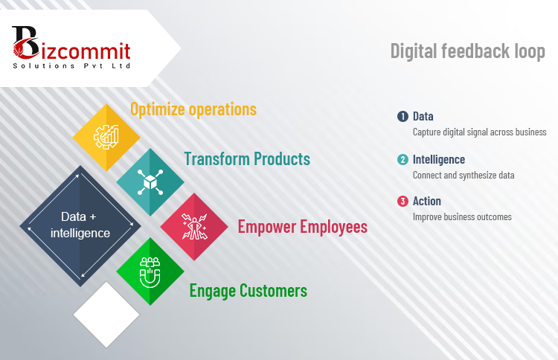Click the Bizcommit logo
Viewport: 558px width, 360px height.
click(71, 48)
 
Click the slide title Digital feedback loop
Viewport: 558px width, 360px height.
click(468, 51)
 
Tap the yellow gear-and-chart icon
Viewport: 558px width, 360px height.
click(106, 137)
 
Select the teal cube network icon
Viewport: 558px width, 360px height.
click(150, 182)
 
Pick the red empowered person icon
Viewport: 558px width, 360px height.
click(194, 227)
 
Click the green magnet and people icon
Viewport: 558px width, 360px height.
click(150, 272)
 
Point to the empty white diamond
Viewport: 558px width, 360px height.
click(106, 315)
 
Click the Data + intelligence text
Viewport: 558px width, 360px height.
click(80, 225)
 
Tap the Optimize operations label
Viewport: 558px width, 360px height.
click(193, 109)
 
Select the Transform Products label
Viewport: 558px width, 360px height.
click(247, 159)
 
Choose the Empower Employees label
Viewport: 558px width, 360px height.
click(303, 227)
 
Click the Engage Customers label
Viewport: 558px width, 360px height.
click(248, 291)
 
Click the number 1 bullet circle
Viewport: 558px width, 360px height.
click(403, 116)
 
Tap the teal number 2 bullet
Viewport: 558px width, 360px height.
click(403, 159)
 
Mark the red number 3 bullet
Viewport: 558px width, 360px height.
click(403, 202)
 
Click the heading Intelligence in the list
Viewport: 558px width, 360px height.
click(439, 160)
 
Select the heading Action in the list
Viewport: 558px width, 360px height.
click(427, 202)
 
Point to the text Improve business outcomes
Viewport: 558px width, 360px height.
click(462, 216)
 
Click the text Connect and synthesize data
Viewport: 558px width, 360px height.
click(464, 175)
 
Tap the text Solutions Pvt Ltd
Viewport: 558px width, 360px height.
click(71, 65)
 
